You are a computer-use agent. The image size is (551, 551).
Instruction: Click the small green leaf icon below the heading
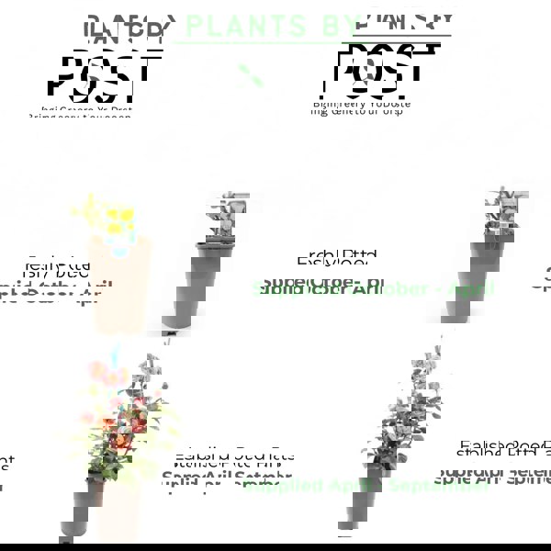click(251, 75)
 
